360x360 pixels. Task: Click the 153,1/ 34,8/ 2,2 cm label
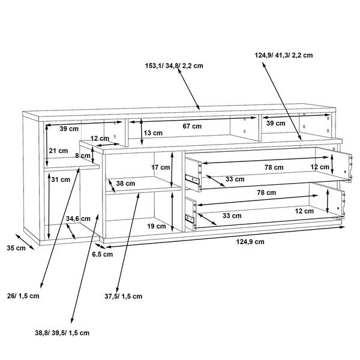(174, 65)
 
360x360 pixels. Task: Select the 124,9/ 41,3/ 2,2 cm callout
(284, 55)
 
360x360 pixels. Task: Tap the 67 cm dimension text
(192, 126)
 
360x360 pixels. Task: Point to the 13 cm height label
(153, 133)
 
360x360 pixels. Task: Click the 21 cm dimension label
(58, 151)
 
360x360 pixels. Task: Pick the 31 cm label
(61, 179)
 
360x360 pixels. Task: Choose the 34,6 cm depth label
(78, 218)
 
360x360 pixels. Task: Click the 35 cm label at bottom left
(16, 248)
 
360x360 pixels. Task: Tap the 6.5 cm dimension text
(103, 254)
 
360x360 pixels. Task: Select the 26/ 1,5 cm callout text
(23, 296)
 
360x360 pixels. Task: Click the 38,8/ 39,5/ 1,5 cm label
(62, 333)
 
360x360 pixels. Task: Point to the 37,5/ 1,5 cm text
(124, 296)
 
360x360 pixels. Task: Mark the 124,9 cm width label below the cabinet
(250, 242)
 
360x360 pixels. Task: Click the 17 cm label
(160, 167)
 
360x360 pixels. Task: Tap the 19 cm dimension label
(157, 226)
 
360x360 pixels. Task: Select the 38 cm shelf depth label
(125, 184)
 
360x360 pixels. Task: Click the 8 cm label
(83, 155)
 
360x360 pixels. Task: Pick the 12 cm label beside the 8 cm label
(100, 139)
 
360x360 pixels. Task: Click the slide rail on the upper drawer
(192, 179)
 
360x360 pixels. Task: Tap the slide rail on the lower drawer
(190, 218)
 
